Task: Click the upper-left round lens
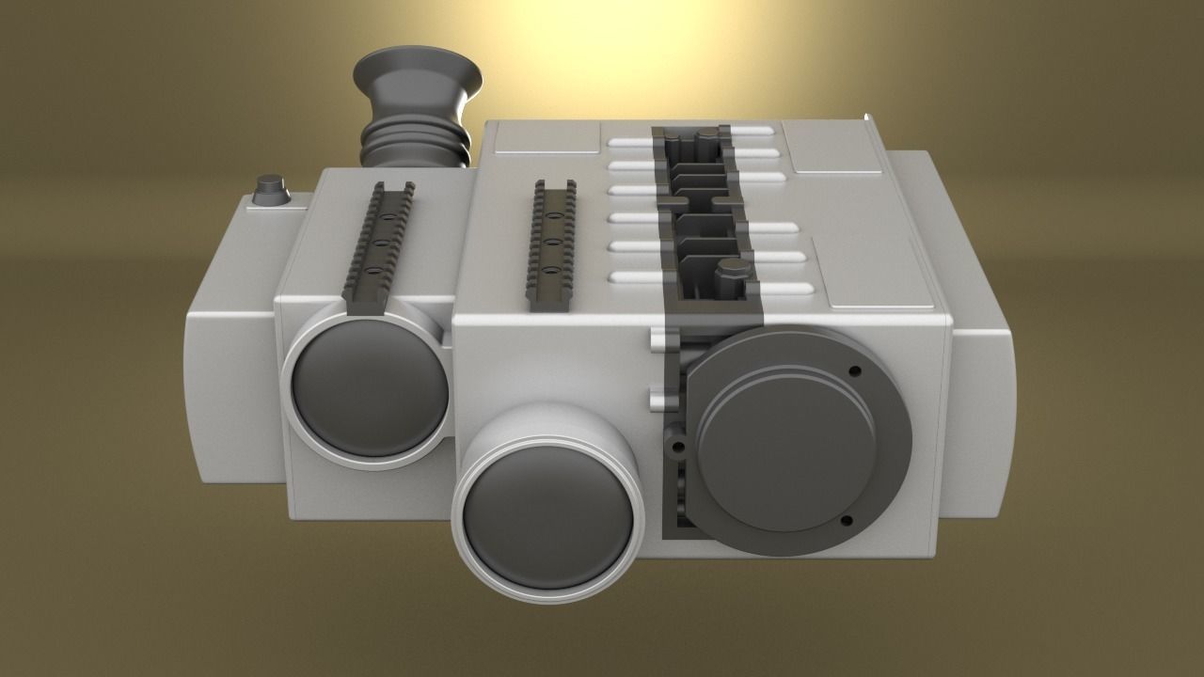[370, 386]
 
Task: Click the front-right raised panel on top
[879, 277]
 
